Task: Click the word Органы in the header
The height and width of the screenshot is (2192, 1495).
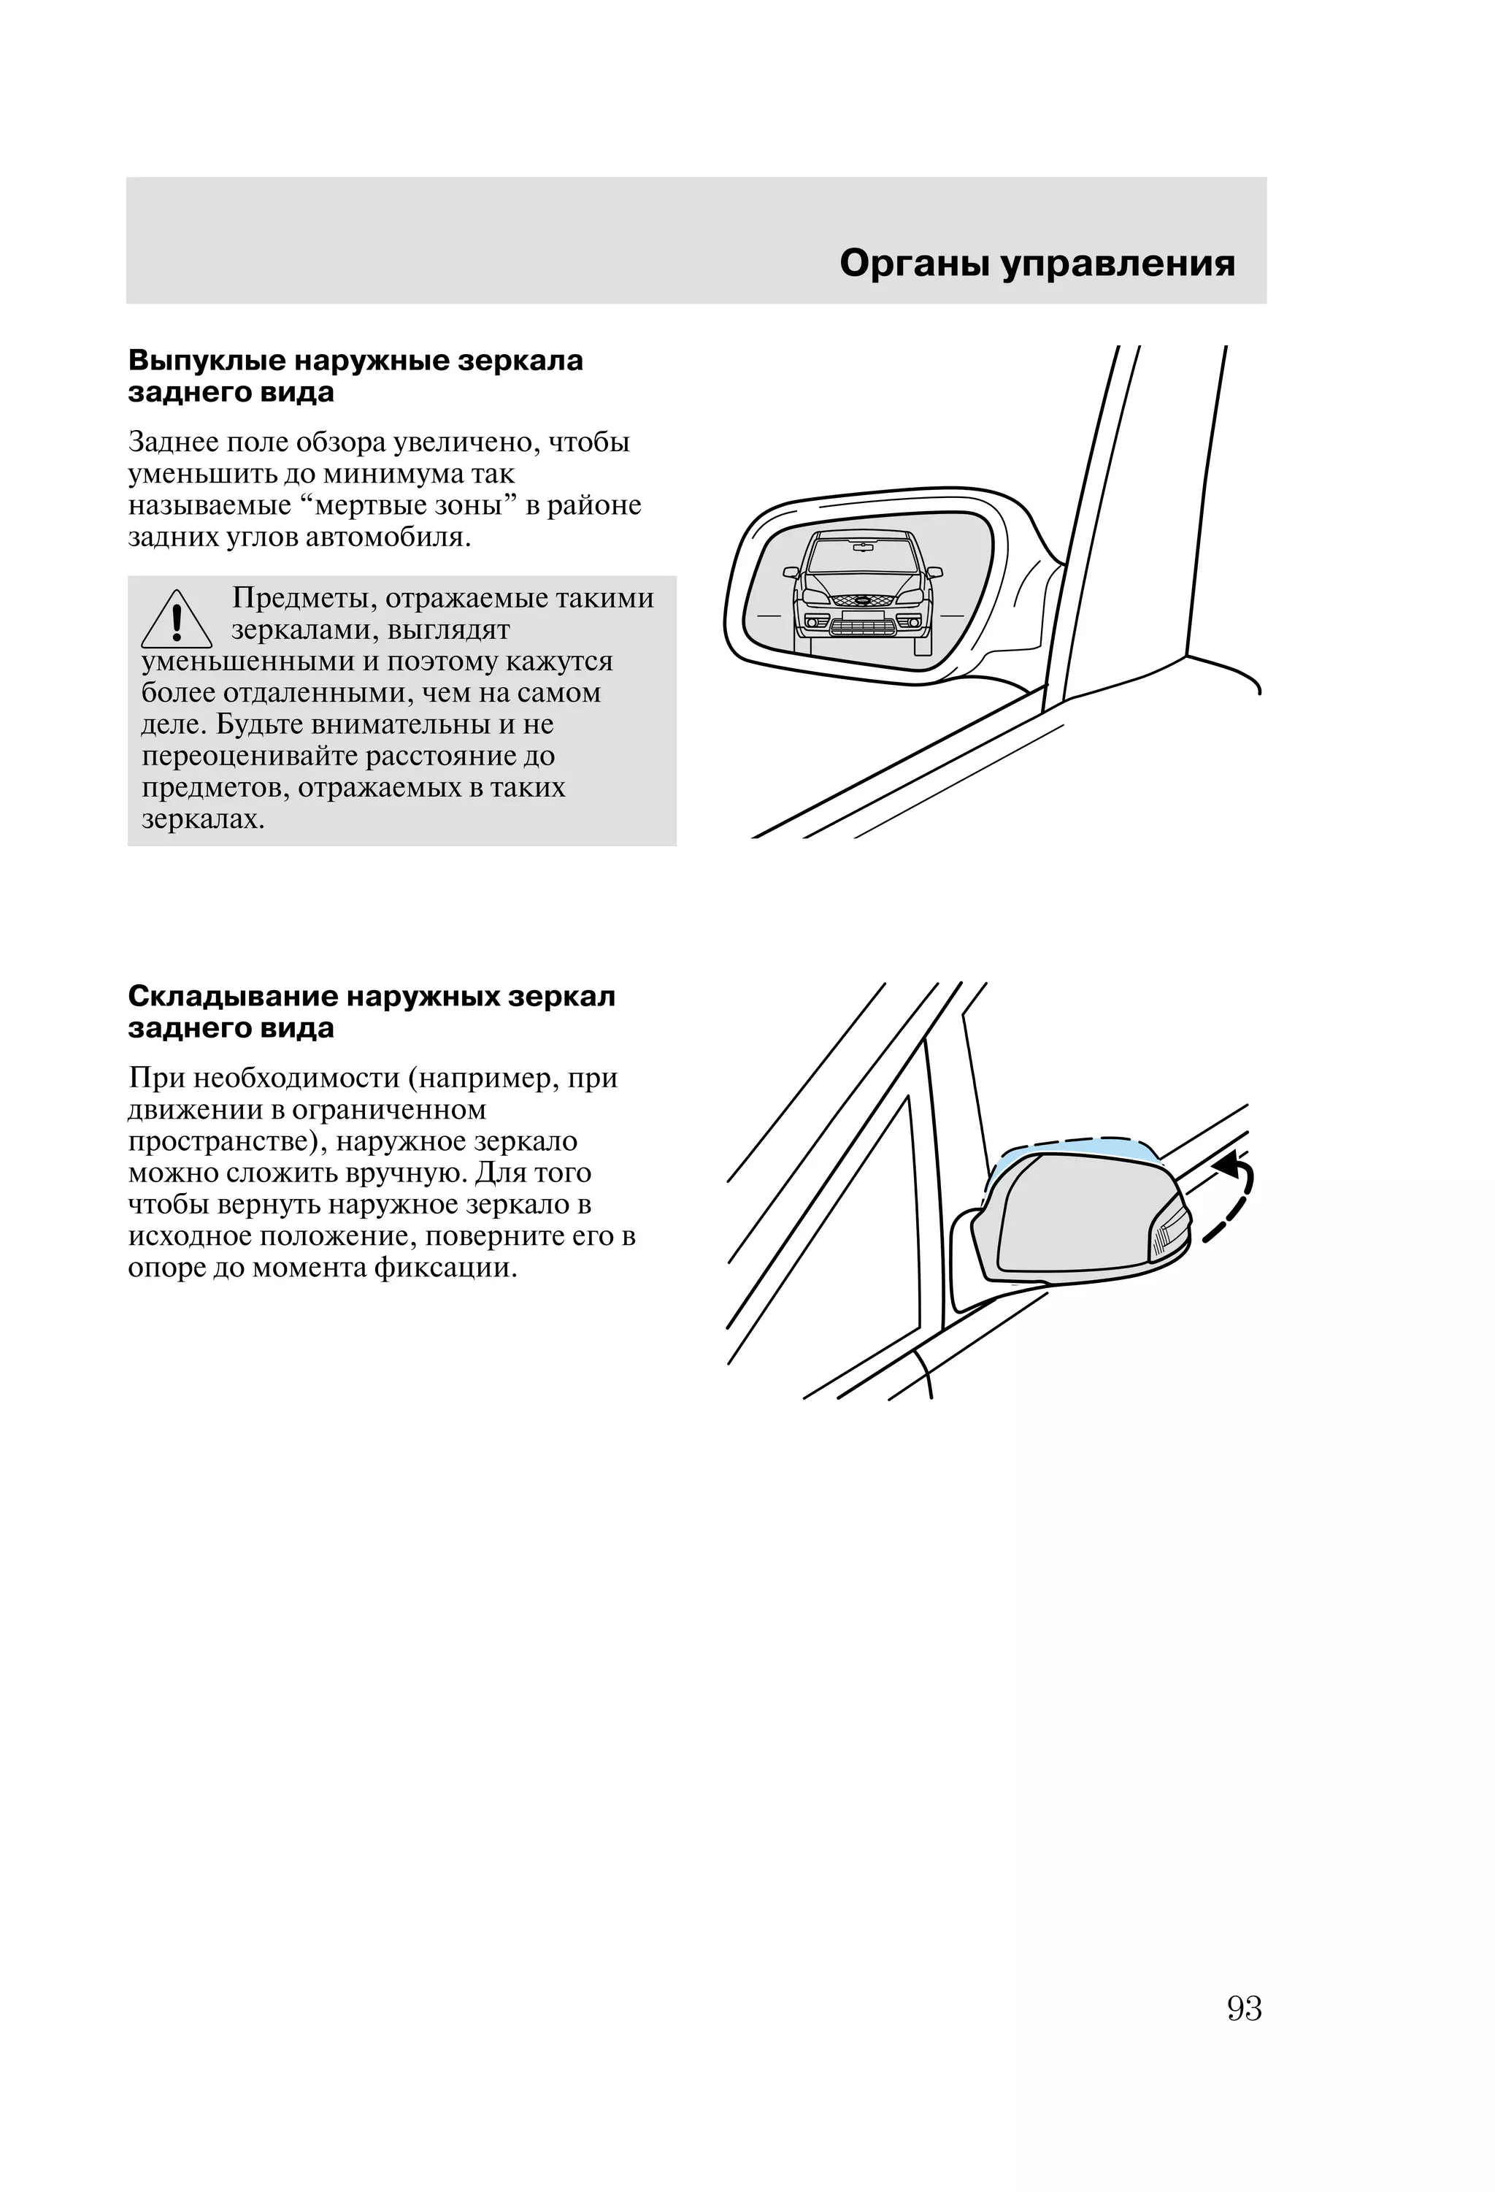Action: click(914, 264)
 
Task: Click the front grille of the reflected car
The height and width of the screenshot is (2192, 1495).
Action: click(862, 624)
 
